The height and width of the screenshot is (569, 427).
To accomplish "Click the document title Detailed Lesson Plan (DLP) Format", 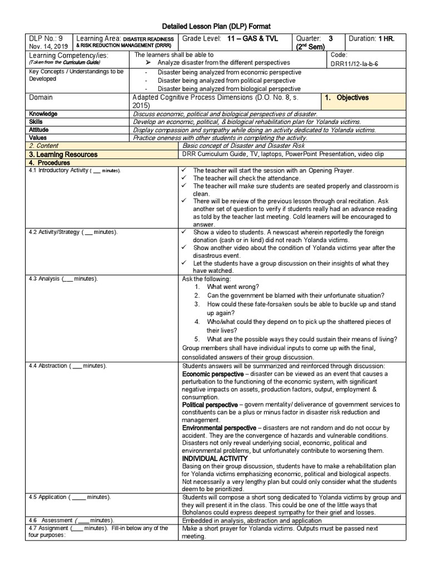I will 216,27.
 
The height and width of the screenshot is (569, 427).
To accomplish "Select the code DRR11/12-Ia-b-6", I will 354,64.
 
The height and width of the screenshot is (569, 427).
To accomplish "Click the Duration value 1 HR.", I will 386,39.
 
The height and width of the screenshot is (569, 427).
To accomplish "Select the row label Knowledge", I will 43,114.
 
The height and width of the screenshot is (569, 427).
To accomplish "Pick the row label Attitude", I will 38,129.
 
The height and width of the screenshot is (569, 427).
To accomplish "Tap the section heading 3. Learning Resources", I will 63,154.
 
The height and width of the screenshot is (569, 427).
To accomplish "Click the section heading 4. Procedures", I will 49,163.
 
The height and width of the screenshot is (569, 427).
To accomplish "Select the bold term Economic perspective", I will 213,375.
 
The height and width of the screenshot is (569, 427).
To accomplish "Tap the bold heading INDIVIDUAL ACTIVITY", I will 215,458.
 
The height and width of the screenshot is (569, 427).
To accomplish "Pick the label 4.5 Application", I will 48,497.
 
